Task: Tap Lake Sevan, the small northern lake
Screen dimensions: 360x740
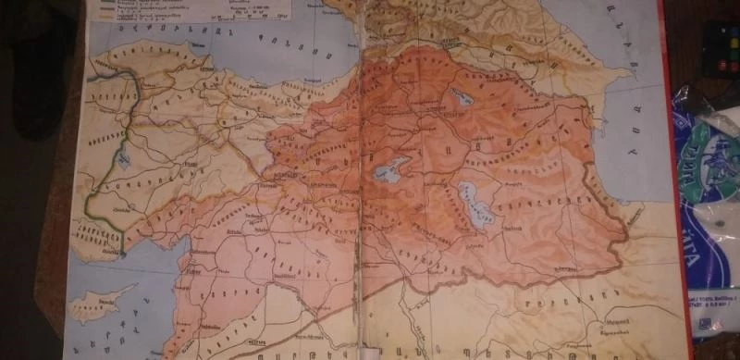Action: coord(458,97)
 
